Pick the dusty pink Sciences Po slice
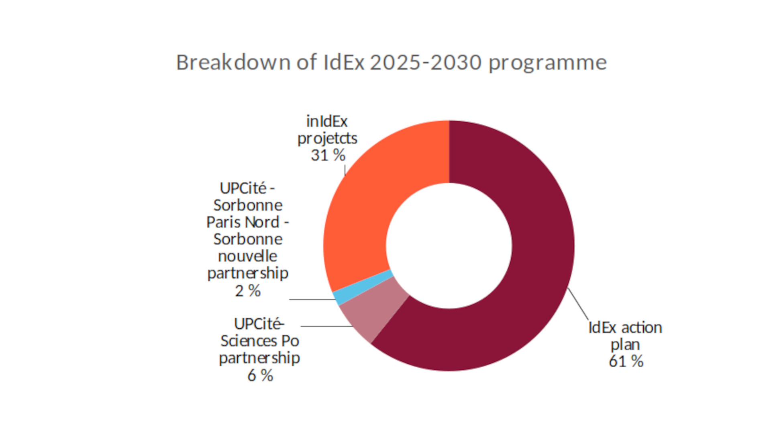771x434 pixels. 371,313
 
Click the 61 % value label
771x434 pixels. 626,361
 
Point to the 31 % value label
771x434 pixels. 328,155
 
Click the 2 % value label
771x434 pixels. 248,291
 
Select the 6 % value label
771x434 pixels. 260,375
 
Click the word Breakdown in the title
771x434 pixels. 233,63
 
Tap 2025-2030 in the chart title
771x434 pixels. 426,63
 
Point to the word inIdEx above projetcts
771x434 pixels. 327,121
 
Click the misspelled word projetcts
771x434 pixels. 327,139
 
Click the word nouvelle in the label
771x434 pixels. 248,256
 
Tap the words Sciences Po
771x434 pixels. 260,341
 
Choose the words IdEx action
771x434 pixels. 625,328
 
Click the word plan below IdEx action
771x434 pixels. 625,345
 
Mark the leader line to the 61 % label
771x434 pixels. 578,304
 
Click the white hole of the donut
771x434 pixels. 449,246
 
